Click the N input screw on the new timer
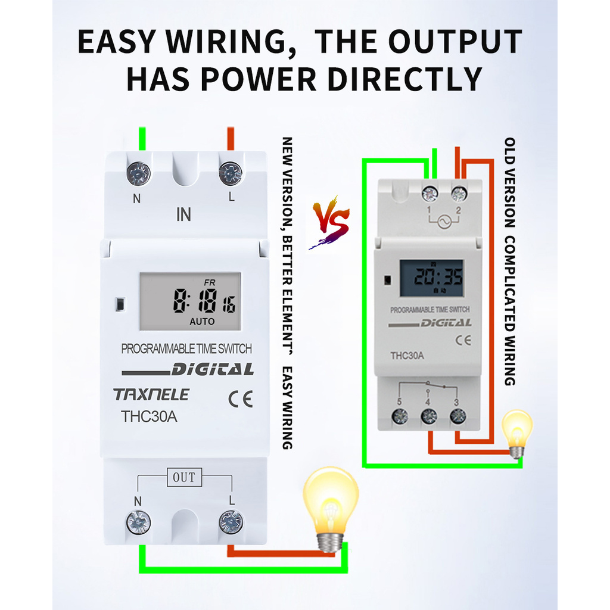[x=138, y=173]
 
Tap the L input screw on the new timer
[x=230, y=173]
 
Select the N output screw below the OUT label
[x=138, y=522]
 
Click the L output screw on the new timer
[x=231, y=522]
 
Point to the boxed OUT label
[x=183, y=477]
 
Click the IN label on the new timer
[x=183, y=214]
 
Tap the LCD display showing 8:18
[x=191, y=301]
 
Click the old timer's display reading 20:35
[x=431, y=278]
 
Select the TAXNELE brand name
[x=151, y=394]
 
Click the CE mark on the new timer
[x=241, y=399]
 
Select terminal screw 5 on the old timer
[x=400, y=416]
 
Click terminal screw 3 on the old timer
[x=457, y=416]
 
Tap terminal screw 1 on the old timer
[x=429, y=194]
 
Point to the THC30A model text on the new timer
[x=149, y=416]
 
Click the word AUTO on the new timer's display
[x=202, y=321]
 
